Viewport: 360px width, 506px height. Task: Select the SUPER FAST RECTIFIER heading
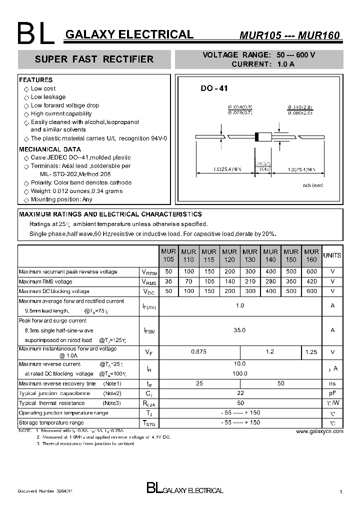point(94,59)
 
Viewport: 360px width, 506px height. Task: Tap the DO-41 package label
point(214,88)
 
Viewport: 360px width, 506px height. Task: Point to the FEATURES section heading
point(35,80)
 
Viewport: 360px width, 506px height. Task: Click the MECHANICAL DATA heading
point(49,149)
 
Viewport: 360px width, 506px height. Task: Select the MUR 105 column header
point(168,255)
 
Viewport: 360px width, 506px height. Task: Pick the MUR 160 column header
point(311,255)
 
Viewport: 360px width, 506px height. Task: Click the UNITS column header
point(332,255)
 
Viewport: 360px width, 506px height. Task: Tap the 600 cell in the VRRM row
point(311,272)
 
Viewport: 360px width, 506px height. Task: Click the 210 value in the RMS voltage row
point(250,282)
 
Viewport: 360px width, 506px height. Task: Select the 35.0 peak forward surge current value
point(240,330)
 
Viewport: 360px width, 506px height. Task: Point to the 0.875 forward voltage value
point(199,352)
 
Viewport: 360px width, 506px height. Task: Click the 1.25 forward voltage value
point(311,352)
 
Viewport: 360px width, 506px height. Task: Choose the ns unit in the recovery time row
point(332,383)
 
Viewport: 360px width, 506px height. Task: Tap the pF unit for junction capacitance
point(332,393)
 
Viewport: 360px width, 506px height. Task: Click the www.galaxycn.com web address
point(319,431)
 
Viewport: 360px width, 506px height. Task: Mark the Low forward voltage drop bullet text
point(65,105)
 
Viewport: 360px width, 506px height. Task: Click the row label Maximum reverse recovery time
point(57,383)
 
